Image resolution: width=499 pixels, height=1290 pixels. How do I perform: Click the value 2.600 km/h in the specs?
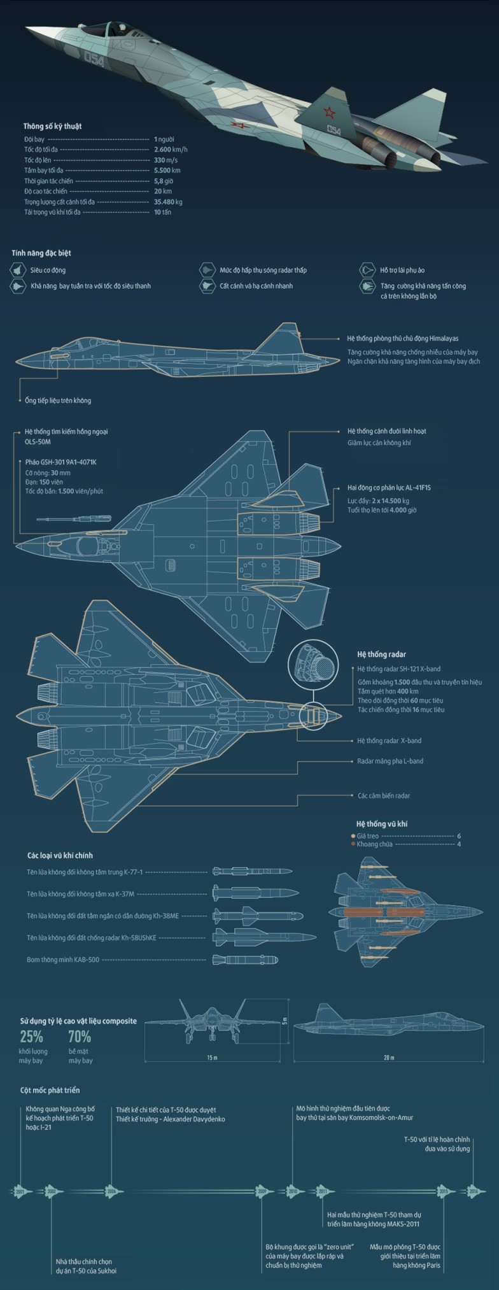(170, 150)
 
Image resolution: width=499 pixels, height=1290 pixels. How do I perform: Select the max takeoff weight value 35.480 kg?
(168, 202)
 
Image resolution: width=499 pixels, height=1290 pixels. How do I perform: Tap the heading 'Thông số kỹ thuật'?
(52, 126)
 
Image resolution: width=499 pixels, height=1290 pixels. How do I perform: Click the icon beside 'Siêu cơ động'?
(17, 271)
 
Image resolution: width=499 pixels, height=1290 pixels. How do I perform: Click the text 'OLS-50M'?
(29, 442)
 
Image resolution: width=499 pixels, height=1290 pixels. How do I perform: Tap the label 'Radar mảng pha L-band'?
(390, 761)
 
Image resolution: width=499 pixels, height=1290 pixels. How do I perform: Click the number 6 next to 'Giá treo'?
(458, 836)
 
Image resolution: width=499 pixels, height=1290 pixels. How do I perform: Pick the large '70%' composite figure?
(80, 1037)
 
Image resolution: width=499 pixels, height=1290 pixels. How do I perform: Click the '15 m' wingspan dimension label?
(212, 1058)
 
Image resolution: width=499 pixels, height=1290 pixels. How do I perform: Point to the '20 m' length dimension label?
(388, 1058)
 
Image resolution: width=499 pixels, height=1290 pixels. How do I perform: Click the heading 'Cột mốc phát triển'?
(50, 1090)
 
